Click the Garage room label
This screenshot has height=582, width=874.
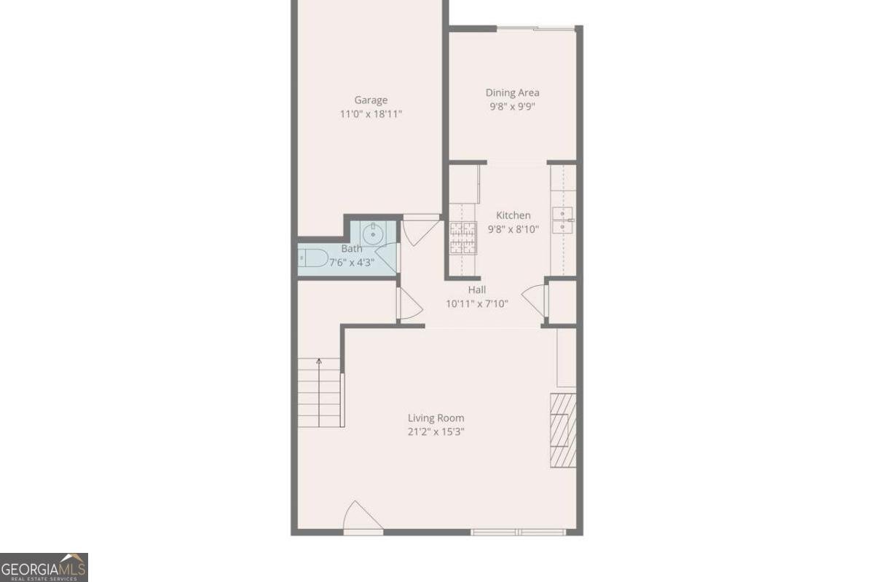(x=371, y=100)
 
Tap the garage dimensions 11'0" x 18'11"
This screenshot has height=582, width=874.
(x=371, y=114)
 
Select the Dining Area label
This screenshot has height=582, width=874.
(x=513, y=92)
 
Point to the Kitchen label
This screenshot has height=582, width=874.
(x=513, y=215)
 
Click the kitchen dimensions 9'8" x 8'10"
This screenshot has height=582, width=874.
(x=513, y=228)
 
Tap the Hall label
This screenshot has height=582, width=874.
(x=477, y=290)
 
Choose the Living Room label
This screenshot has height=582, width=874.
(x=436, y=418)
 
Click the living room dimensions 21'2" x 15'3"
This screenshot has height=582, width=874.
(x=436, y=431)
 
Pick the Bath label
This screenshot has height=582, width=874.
(x=351, y=249)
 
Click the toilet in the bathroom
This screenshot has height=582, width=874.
(x=313, y=258)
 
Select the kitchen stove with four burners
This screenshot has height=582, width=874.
(x=462, y=238)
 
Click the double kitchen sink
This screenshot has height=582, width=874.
(x=563, y=220)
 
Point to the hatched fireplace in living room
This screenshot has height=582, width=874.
(x=563, y=430)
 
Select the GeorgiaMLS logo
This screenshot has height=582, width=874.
(x=44, y=567)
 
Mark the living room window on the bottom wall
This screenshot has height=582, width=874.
(x=519, y=532)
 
